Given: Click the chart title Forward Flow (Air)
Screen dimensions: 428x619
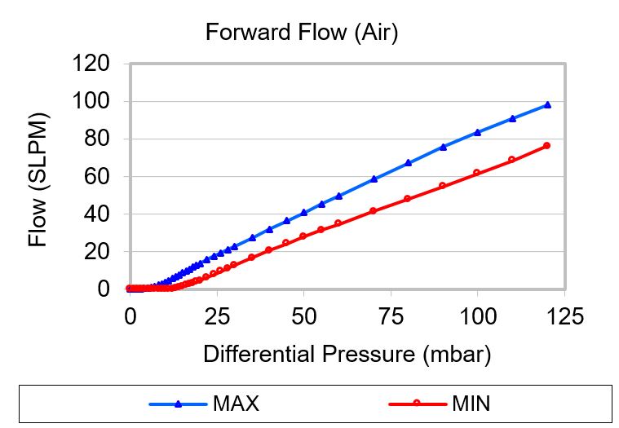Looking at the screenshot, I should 301,33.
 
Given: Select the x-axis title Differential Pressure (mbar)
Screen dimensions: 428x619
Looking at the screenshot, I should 347,355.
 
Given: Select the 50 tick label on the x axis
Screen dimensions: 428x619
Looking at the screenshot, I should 303,316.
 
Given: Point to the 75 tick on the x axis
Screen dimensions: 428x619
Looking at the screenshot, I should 391,316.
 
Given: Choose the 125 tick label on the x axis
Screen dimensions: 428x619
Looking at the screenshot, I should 564,316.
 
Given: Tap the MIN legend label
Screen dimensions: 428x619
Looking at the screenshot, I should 470,404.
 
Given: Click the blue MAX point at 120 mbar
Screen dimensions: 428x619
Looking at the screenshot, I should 547,104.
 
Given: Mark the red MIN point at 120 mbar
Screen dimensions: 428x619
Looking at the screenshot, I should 547,145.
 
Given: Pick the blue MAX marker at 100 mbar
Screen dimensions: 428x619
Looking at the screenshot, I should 477,132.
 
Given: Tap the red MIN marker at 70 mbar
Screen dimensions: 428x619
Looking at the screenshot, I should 373,210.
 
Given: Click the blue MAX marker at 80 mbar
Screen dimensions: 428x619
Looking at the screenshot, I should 408,162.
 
